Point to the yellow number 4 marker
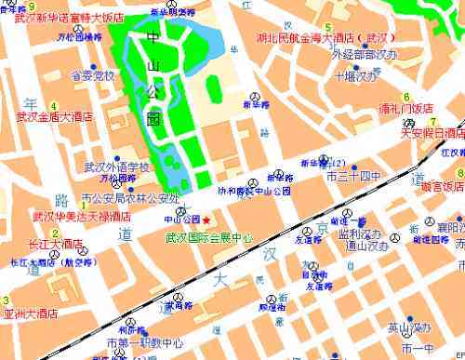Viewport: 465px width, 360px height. click(x=53, y=105)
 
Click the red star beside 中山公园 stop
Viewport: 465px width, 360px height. click(x=206, y=220)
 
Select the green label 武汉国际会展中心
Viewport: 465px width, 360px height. click(x=208, y=237)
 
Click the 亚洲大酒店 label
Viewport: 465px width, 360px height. click(x=38, y=313)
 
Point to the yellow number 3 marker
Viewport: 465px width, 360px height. click(x=7, y=300)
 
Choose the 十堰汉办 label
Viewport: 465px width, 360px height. click(x=357, y=76)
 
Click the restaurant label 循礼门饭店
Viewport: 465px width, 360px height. click(x=405, y=108)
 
